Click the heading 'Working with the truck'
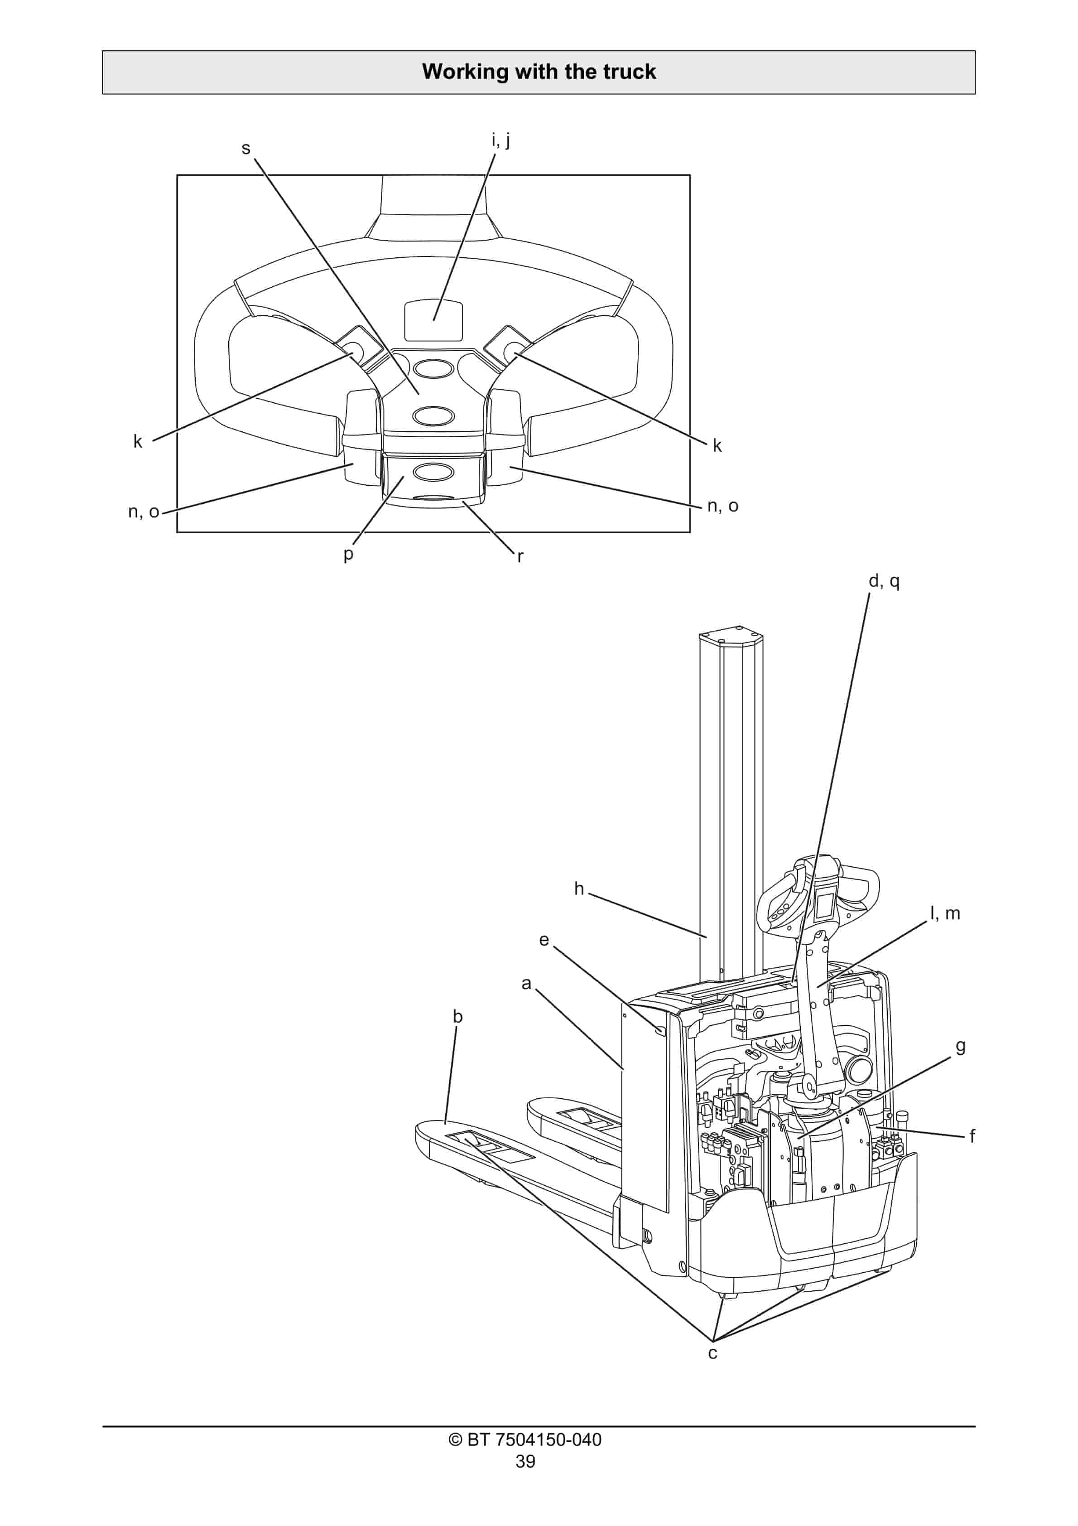539,72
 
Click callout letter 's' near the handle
246,148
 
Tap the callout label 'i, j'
500,140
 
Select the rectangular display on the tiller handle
433,320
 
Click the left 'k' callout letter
138,441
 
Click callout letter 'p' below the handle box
348,554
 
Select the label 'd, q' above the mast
884,582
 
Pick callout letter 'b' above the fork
457,1016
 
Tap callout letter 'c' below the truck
712,1353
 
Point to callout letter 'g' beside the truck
960,1046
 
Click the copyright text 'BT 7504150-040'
525,1439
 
